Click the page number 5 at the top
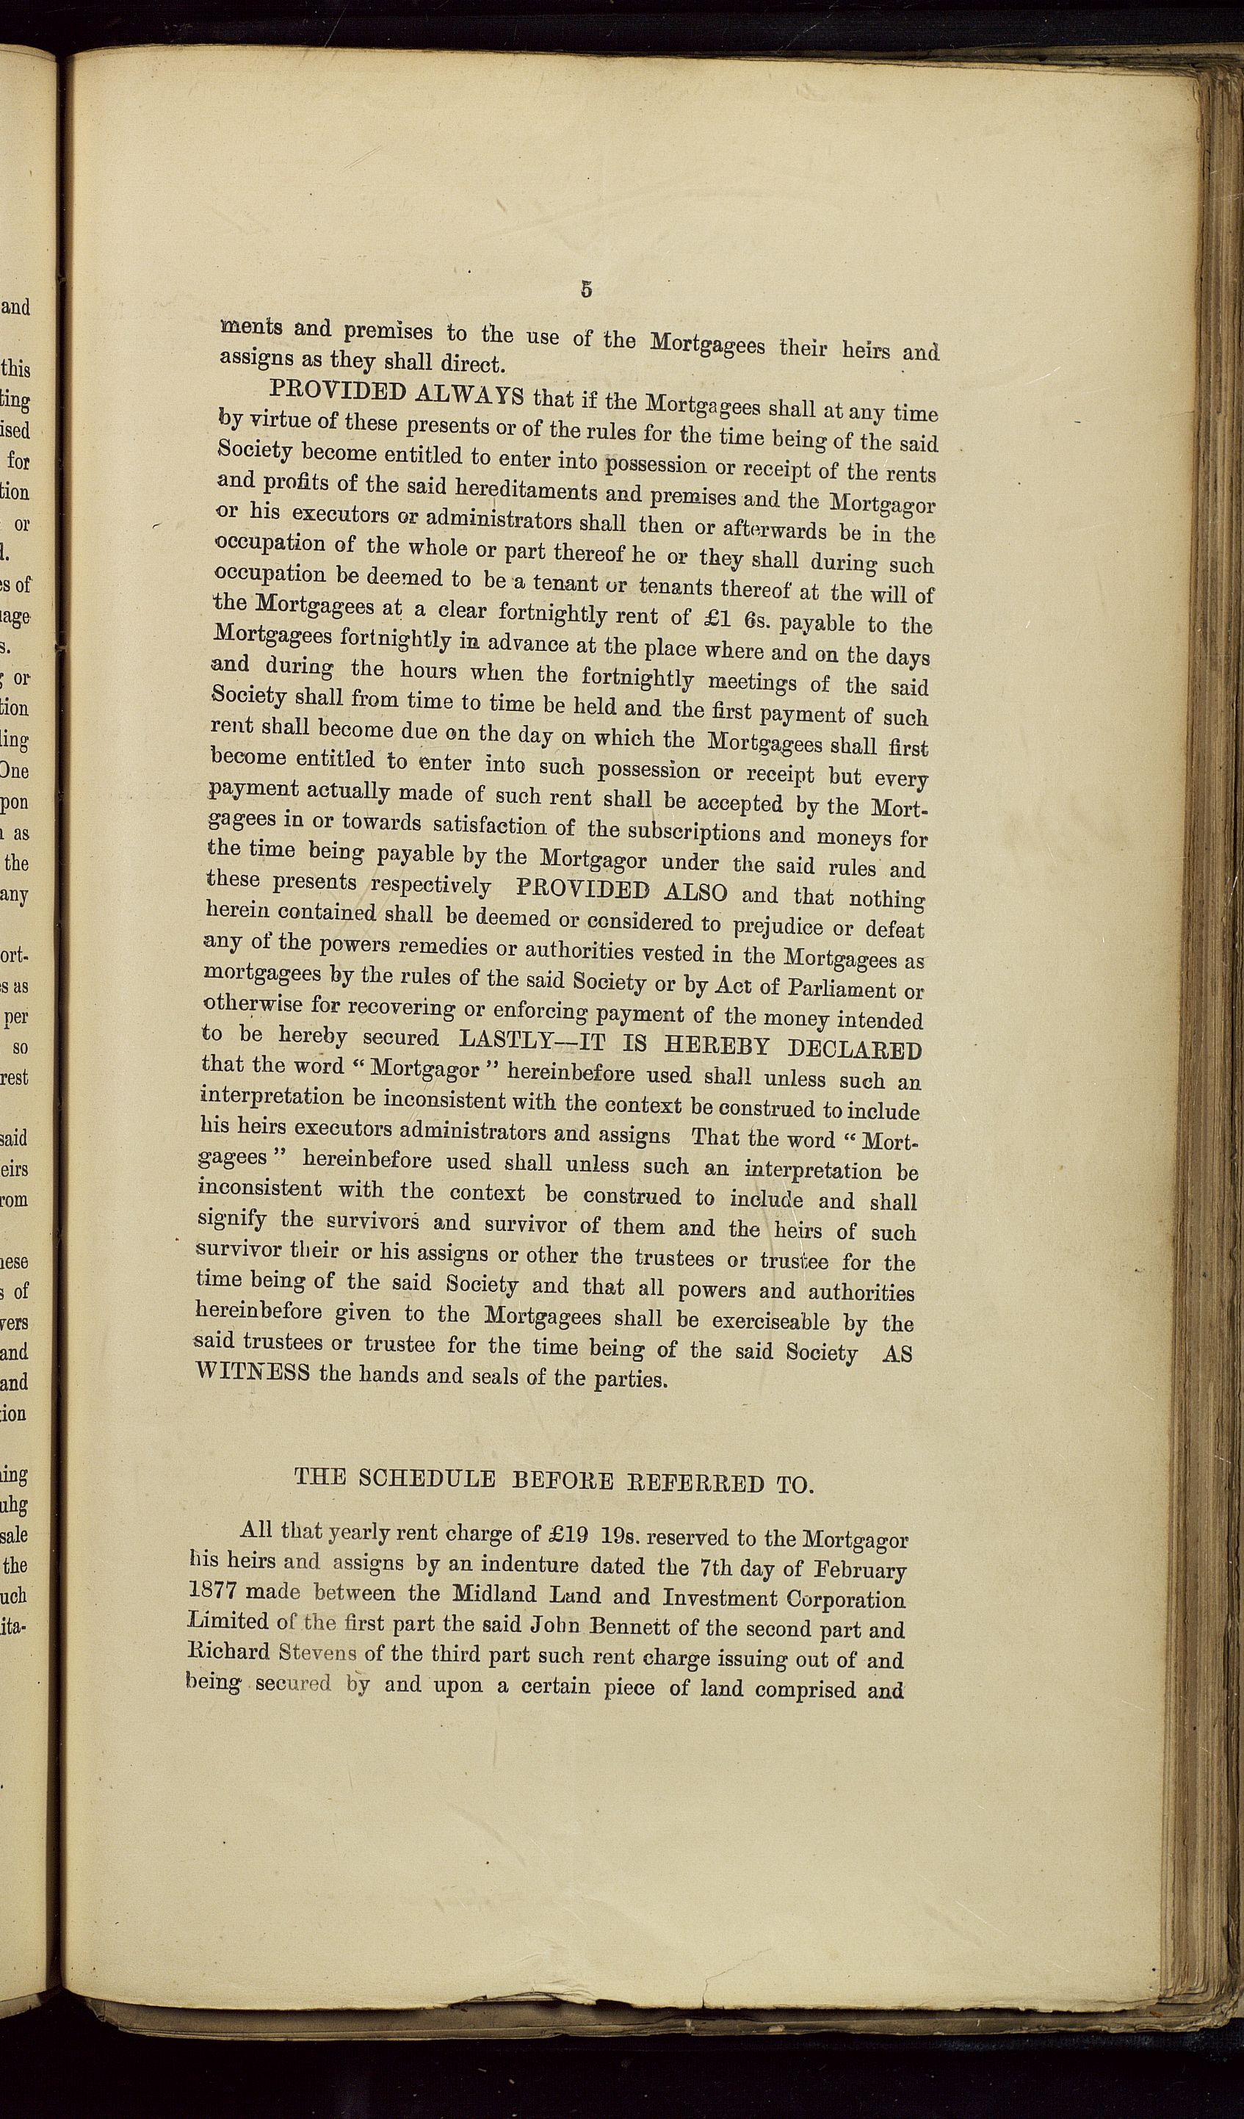[x=586, y=289]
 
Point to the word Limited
[x=226, y=1622]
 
